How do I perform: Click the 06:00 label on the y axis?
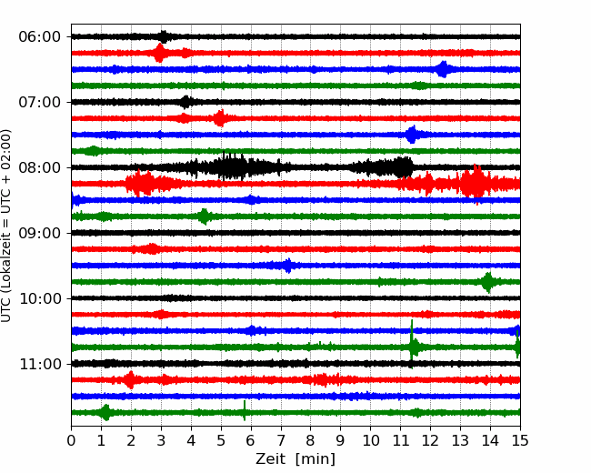39,37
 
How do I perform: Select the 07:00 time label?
39,102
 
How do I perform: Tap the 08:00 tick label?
39,167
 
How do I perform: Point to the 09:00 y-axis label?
39,233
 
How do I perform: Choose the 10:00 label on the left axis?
39,298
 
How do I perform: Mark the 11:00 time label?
39,364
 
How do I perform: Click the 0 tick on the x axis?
71,440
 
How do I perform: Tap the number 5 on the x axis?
221,440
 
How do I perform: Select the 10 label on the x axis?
370,440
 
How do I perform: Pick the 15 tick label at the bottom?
520,440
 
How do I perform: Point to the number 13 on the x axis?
460,440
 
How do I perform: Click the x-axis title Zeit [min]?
295,459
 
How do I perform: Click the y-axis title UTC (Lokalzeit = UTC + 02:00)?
5,226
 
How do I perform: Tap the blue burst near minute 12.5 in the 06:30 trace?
444,69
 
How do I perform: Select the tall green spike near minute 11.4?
412,344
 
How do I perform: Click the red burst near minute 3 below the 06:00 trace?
160,53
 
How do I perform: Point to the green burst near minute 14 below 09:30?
488,282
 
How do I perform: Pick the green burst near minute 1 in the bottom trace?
105,413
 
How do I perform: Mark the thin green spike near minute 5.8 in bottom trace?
245,410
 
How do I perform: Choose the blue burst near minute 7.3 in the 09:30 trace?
288,266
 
